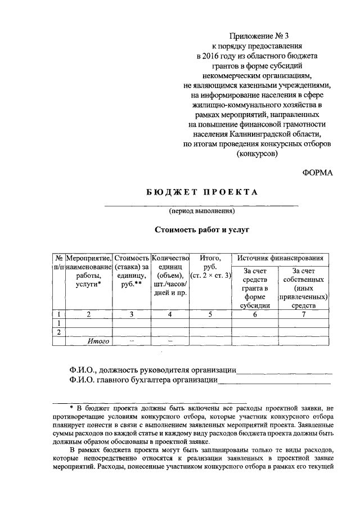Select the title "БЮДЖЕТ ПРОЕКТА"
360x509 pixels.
click(x=202, y=192)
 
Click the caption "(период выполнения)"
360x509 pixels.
click(x=201, y=211)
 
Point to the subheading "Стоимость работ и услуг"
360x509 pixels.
click(x=201, y=230)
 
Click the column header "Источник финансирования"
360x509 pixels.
click(x=280, y=258)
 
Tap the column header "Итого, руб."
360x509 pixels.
click(x=211, y=267)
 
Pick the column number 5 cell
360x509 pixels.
click(x=210, y=315)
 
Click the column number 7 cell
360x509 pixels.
click(x=304, y=315)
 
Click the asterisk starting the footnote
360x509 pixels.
click(x=71, y=407)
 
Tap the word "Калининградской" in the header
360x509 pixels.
click(x=258, y=134)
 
